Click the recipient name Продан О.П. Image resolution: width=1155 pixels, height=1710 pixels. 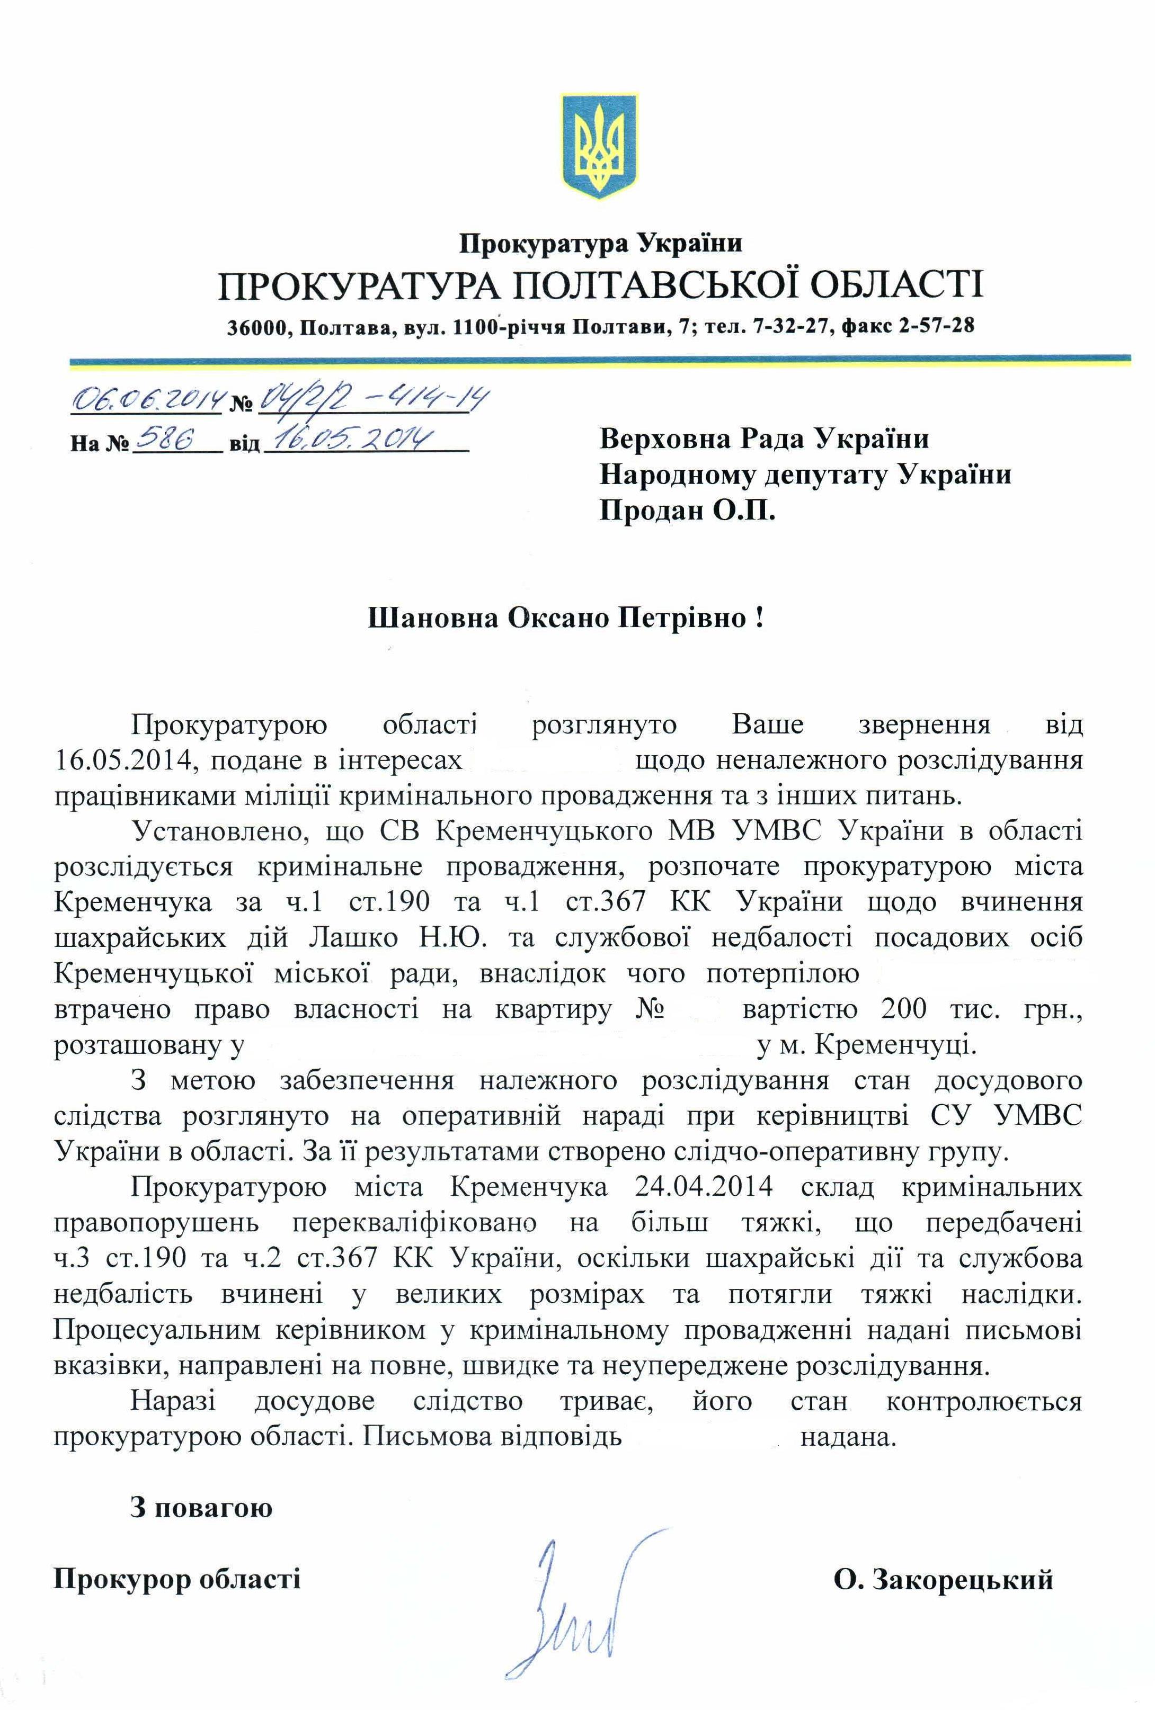point(688,511)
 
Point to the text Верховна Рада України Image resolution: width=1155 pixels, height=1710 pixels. point(764,439)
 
